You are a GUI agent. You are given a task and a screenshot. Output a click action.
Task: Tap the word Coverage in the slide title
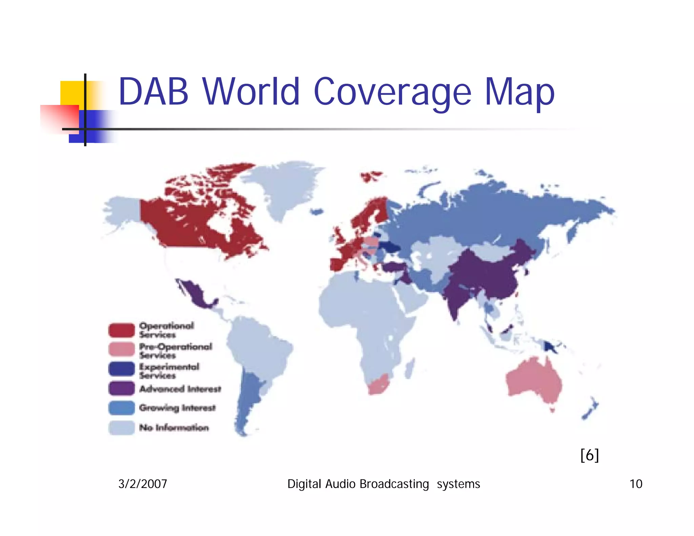point(392,92)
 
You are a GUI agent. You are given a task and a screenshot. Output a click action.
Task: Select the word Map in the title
point(519,92)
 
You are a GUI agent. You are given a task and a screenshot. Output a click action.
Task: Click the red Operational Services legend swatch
point(121,330)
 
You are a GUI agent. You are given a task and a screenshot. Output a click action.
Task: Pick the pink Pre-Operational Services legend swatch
point(121,349)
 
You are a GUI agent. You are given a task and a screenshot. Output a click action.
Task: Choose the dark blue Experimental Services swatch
point(121,369)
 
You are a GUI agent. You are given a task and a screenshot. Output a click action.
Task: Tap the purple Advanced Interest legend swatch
point(121,388)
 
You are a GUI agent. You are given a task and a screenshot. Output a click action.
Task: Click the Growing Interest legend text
point(177,408)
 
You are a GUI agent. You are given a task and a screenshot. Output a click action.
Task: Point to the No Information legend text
point(174,428)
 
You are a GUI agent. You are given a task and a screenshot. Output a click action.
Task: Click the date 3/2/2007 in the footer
point(143,484)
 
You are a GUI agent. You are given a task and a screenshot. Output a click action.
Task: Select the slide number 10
point(636,484)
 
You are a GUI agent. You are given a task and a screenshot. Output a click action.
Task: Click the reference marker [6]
point(589,455)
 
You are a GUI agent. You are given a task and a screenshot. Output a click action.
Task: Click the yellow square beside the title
point(72,93)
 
